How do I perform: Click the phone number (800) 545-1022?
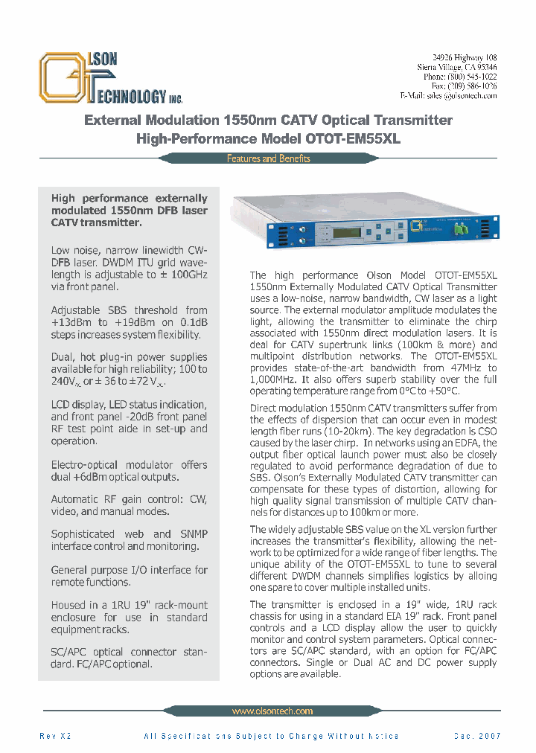point(473,77)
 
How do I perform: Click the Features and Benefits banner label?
point(268,158)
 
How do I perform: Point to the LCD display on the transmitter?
point(347,233)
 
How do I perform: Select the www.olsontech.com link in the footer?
point(272,711)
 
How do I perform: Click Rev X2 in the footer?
point(54,736)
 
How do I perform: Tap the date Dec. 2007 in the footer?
point(477,736)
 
